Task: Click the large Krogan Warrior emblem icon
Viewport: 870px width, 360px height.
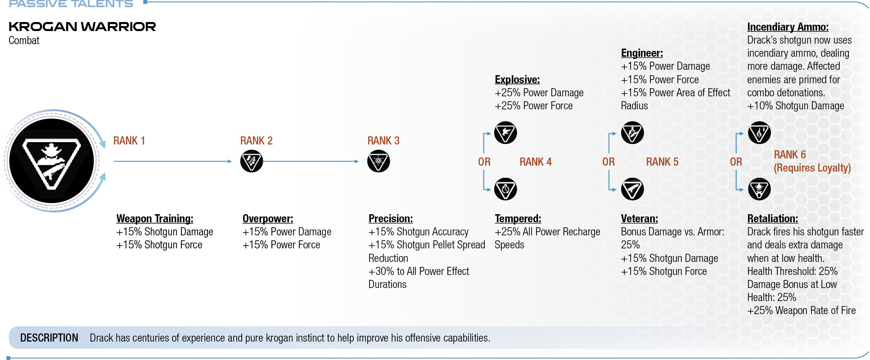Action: [52, 161]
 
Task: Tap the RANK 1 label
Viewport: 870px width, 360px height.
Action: [129, 141]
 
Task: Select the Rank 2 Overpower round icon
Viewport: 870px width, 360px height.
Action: [252, 161]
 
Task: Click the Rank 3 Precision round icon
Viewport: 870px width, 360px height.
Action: [379, 161]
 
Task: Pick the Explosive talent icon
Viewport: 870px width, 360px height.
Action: [505, 133]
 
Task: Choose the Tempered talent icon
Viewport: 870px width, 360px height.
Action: [505, 189]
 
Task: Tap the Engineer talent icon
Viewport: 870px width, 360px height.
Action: [632, 133]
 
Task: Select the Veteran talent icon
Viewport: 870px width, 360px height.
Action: [632, 189]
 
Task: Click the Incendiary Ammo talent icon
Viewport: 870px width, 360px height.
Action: [759, 133]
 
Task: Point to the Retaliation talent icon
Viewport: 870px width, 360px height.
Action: [759, 189]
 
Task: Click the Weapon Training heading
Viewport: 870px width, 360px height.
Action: [155, 219]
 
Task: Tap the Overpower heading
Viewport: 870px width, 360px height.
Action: [268, 219]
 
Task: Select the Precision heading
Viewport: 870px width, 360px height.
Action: [391, 219]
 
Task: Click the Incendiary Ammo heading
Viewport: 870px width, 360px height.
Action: [788, 27]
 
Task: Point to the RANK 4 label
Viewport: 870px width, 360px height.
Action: [536, 162]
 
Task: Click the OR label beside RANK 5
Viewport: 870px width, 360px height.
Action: [609, 162]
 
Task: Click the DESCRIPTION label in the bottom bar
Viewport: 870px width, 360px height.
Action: [49, 338]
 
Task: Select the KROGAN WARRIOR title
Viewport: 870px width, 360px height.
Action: [82, 27]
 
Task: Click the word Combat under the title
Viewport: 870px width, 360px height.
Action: [24, 40]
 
